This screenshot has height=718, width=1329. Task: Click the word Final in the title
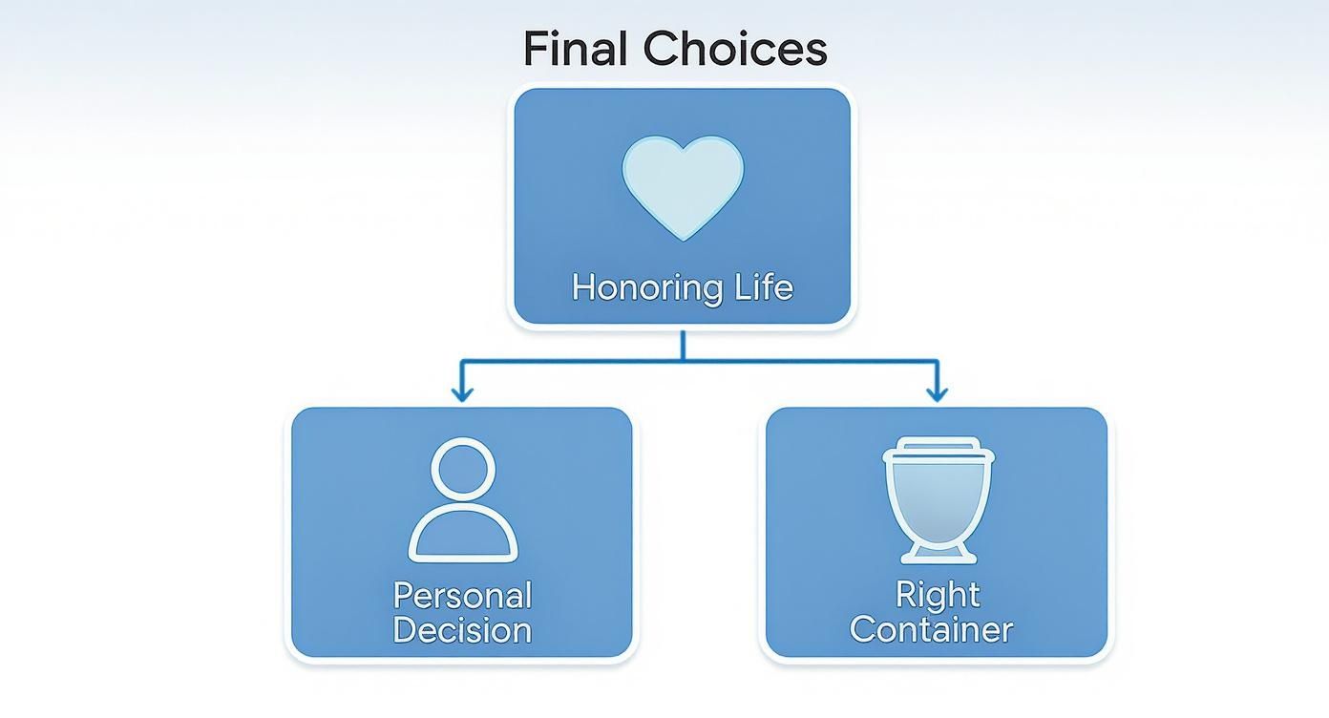tap(577, 50)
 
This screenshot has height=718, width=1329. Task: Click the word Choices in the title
tap(734, 50)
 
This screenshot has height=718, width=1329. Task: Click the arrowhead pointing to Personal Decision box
tap(462, 392)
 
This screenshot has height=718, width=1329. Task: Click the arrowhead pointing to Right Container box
tap(937, 392)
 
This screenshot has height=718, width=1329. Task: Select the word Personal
tap(462, 597)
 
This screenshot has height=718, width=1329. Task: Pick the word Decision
tap(462, 630)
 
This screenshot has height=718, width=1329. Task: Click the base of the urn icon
tap(937, 555)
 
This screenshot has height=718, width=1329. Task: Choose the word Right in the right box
tap(938, 596)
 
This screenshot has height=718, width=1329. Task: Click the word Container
tap(931, 630)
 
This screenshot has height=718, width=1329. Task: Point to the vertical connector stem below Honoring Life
tap(683, 345)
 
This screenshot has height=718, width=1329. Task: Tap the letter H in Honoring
tap(583, 287)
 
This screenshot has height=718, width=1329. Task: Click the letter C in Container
tap(864, 630)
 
